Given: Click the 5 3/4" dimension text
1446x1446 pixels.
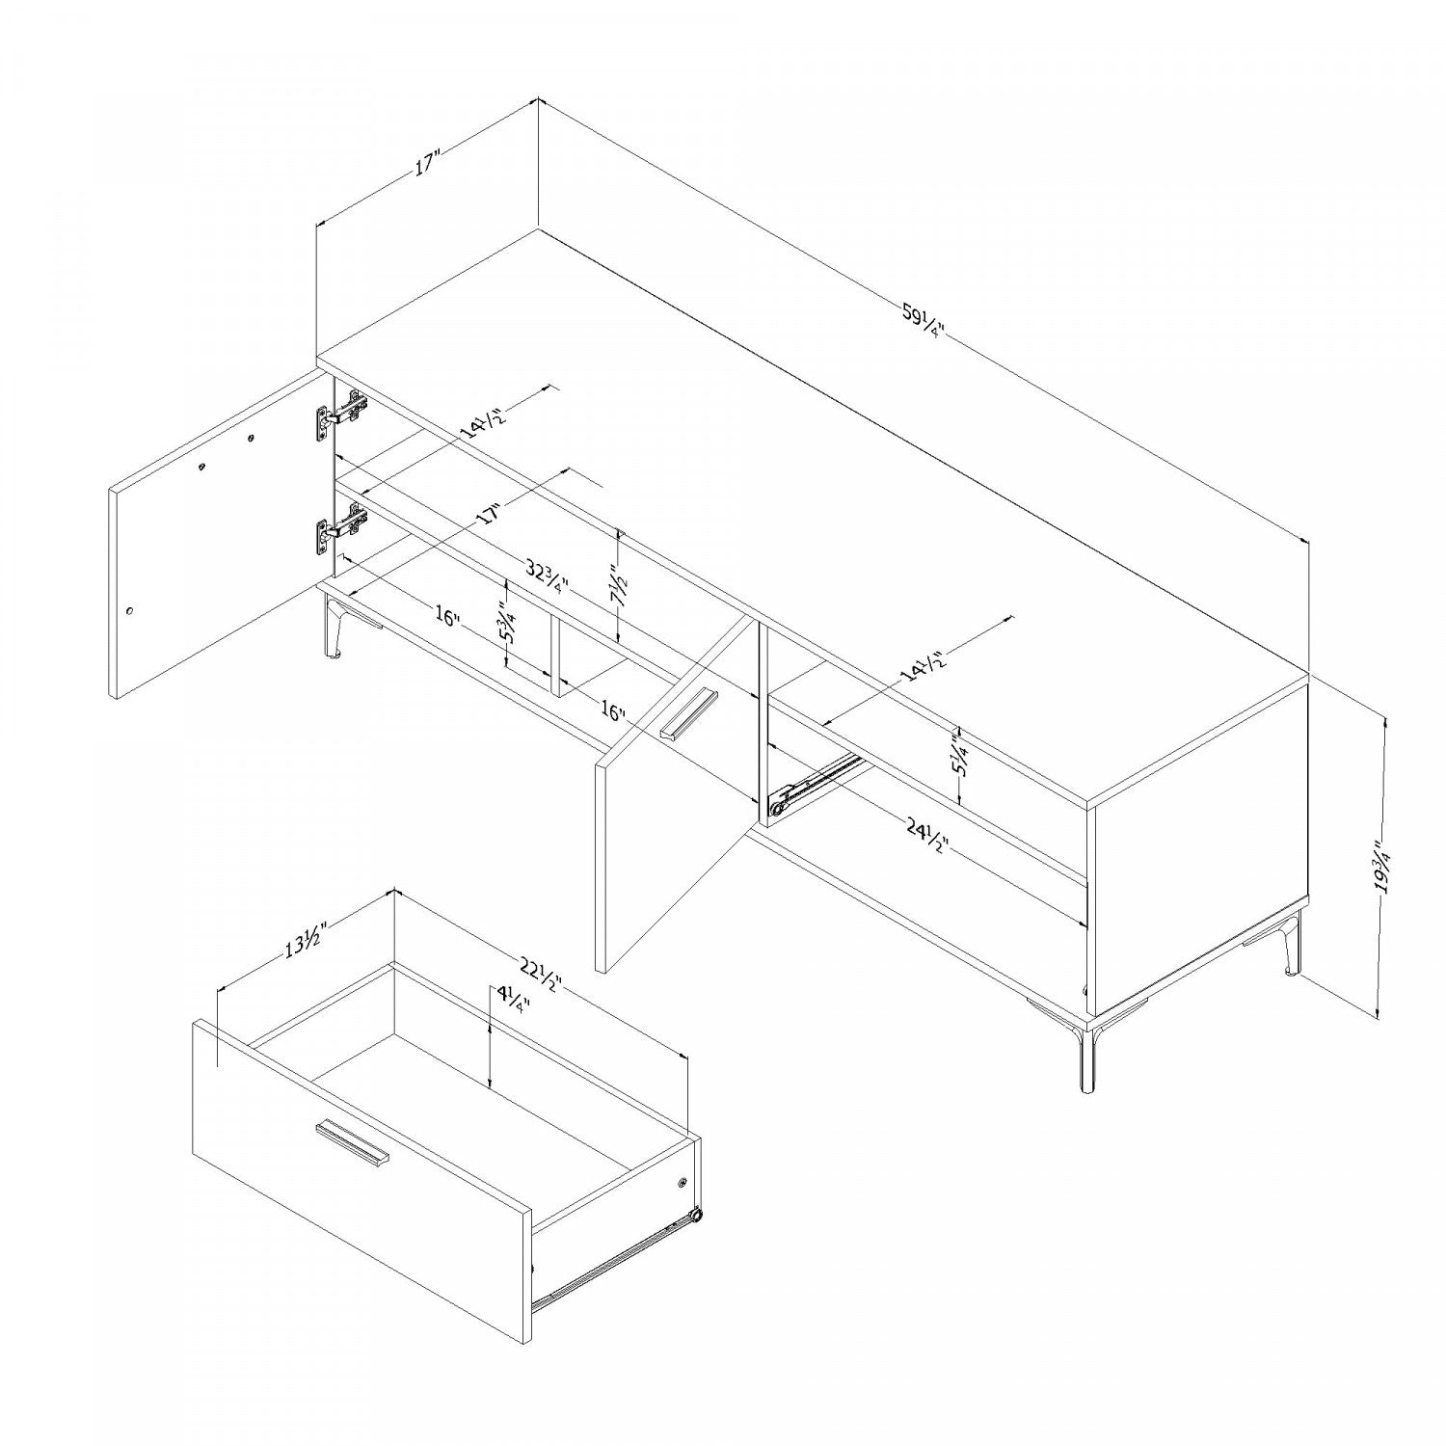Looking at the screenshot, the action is click(x=505, y=624).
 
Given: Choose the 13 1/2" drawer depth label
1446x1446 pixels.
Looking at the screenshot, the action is click(x=306, y=940).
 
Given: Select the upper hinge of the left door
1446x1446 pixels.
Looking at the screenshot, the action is click(x=341, y=415).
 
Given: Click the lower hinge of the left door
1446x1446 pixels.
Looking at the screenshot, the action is click(x=341, y=528).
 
